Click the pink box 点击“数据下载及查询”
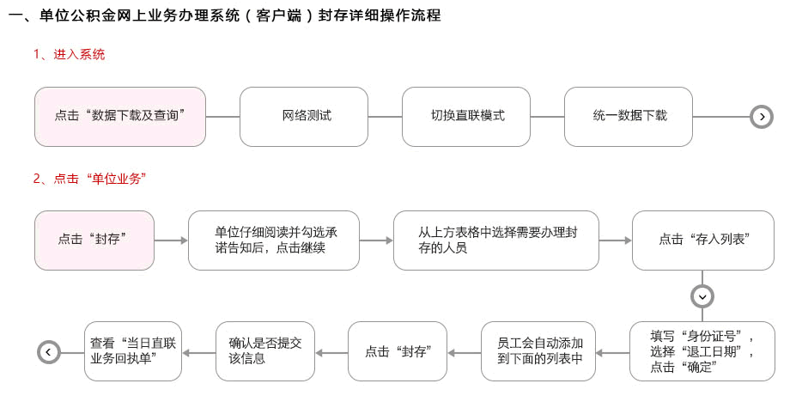(x=120, y=117)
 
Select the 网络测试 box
(x=304, y=117)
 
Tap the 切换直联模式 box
(x=466, y=117)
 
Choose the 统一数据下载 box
(x=629, y=117)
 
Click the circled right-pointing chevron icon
(x=762, y=117)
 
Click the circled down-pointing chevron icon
(x=702, y=296)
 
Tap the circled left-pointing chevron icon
(x=49, y=352)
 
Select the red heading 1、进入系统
(x=69, y=54)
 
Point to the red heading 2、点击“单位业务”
(x=90, y=179)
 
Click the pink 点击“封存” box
(x=94, y=240)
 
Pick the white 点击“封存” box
(x=398, y=351)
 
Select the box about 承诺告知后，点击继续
(x=274, y=240)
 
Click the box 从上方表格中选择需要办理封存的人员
(x=496, y=240)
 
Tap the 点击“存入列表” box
(x=703, y=240)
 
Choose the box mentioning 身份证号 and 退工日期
(x=702, y=351)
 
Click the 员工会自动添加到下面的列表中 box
(x=538, y=351)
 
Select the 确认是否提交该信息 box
(x=265, y=351)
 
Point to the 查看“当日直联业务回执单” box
(x=133, y=351)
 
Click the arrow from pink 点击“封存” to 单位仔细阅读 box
(x=171, y=240)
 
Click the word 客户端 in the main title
(x=279, y=15)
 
